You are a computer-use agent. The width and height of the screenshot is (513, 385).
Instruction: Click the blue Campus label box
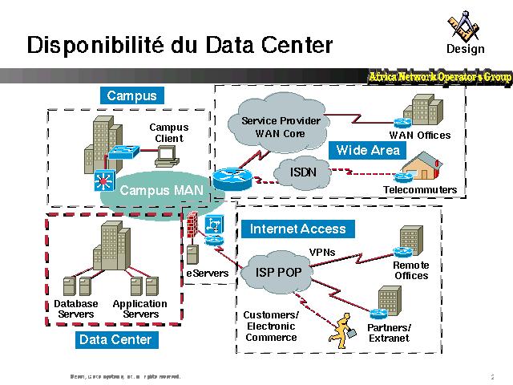point(131,95)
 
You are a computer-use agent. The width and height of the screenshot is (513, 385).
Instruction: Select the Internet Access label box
point(298,229)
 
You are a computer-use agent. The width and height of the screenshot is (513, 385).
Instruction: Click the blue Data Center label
point(115,340)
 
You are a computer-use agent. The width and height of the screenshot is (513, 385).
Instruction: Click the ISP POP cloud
point(278,273)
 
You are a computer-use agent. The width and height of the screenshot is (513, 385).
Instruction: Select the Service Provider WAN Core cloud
point(281,128)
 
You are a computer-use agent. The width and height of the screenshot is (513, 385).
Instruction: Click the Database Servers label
point(76,309)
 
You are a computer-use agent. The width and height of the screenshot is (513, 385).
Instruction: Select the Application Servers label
point(140,309)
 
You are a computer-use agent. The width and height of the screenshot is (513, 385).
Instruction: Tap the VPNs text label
point(322,252)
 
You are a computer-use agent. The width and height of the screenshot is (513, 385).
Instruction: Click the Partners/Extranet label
point(389,333)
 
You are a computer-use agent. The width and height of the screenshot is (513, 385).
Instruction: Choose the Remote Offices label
point(411,270)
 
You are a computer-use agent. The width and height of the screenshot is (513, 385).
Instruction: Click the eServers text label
point(208,274)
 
